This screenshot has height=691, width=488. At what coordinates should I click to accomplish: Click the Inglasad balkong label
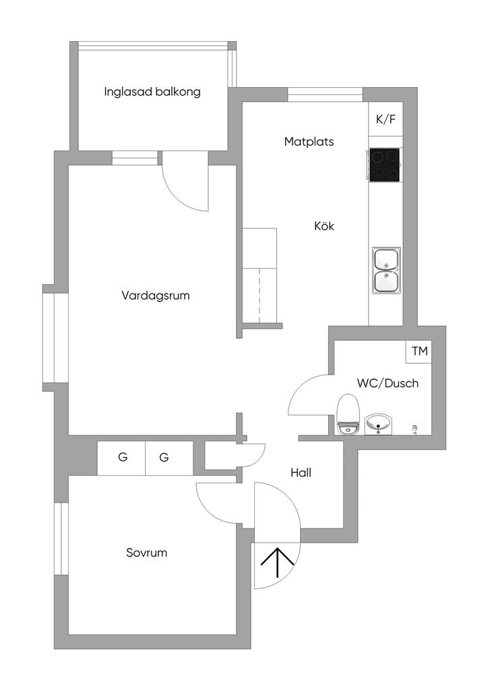click(152, 92)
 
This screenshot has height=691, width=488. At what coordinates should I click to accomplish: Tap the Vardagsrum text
click(155, 296)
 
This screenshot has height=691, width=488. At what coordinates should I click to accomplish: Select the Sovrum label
click(146, 553)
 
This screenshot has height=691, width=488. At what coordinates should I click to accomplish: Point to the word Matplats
click(309, 142)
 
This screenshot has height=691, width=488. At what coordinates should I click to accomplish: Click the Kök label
click(324, 226)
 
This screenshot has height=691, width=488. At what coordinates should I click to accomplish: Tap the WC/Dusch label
click(388, 383)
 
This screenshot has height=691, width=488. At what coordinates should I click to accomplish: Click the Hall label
click(301, 473)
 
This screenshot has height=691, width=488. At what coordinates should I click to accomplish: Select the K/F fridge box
click(386, 119)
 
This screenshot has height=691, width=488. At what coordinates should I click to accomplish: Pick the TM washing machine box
click(419, 352)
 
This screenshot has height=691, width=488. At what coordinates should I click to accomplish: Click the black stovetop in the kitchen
click(385, 165)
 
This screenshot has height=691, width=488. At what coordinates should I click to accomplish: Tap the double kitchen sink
click(386, 269)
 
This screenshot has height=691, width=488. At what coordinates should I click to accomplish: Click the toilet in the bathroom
click(348, 414)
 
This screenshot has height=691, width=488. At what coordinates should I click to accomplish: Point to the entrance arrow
click(277, 562)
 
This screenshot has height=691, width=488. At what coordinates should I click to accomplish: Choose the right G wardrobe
click(169, 458)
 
